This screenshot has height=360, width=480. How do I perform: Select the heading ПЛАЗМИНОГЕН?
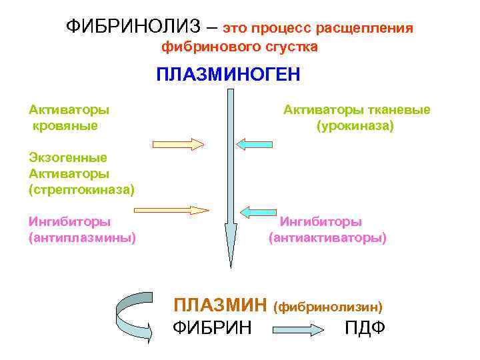[228, 73]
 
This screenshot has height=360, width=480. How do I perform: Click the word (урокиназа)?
[355, 125]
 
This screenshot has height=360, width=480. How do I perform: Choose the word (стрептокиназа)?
[81, 190]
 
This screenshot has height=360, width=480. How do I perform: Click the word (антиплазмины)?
[82, 237]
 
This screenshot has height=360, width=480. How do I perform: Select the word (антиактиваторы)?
[327, 237]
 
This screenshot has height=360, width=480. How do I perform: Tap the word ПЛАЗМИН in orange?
[221, 305]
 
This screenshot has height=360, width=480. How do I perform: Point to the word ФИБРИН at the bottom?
[212, 328]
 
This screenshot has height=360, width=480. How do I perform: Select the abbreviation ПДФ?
[365, 328]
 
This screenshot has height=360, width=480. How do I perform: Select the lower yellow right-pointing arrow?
[181, 210]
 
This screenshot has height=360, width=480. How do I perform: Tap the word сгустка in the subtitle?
[291, 47]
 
